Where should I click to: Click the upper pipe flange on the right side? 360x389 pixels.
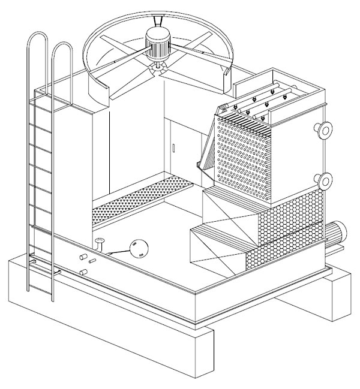point(325,129)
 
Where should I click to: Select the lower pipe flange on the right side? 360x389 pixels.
point(325,180)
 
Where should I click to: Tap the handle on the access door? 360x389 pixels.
point(172,147)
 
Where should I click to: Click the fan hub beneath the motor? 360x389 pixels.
point(160,67)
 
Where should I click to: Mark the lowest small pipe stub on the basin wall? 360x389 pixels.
point(84,273)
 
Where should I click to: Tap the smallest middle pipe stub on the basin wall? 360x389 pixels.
point(92,261)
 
